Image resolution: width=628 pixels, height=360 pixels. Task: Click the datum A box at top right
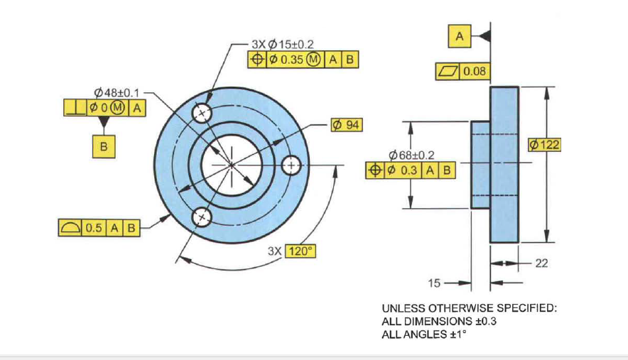460,36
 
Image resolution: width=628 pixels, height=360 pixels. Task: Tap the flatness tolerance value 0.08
475,72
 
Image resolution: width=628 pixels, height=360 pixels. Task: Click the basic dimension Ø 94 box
347,125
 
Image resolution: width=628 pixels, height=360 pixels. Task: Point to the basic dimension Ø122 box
545,145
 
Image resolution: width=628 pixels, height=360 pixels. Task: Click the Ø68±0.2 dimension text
412,155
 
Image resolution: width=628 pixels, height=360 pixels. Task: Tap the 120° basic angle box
300,251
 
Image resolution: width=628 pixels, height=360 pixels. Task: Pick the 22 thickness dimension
541,263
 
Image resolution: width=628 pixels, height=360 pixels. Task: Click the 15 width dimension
435,283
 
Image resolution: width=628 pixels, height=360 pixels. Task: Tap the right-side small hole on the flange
291,165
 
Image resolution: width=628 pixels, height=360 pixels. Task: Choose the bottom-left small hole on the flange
202,216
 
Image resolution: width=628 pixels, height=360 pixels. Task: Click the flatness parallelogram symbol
447,72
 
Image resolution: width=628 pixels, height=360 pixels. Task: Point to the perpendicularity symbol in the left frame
72,107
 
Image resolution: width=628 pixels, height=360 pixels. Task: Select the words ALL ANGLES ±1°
423,334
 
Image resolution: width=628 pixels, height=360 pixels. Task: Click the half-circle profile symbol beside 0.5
70,228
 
